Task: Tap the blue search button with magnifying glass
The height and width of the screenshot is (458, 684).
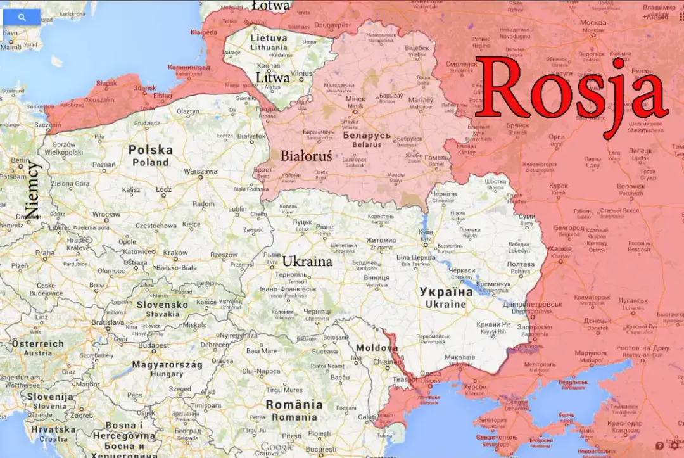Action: coord(22,18)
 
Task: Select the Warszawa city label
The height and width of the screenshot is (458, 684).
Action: coord(200,172)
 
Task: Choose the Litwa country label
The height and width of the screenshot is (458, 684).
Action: coord(273,77)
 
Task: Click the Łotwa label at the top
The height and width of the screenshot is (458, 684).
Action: coord(270,6)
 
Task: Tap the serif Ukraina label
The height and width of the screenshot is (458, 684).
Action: coord(307,261)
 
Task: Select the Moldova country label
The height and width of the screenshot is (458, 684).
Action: coord(377,348)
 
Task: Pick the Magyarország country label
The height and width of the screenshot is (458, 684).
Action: coord(167,365)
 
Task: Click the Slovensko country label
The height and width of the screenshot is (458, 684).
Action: coord(162,305)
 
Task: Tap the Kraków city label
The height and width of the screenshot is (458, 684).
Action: coord(175,253)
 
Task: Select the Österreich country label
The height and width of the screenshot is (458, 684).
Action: coord(38,344)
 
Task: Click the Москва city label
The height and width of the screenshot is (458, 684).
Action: coord(593,23)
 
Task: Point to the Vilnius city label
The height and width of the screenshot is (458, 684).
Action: coord(302,73)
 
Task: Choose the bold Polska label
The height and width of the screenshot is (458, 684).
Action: coord(150,150)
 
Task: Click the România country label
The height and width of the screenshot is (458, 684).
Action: coord(294,405)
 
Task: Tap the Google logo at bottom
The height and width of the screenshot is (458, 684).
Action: coord(277,447)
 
